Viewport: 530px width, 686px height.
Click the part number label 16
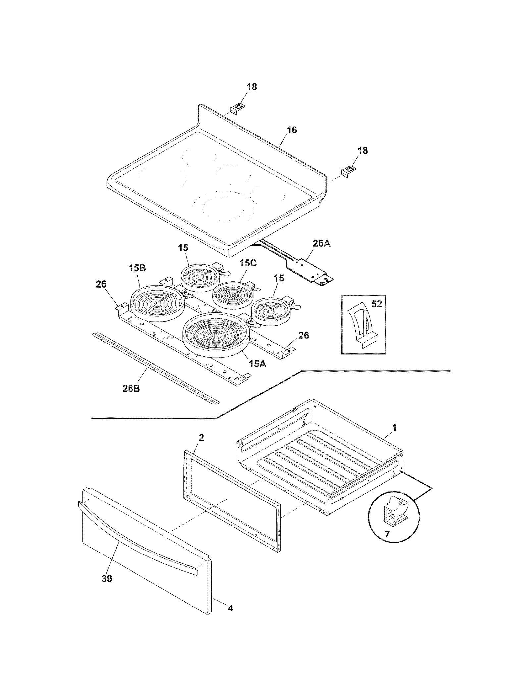click(291, 130)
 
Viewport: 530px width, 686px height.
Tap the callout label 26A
click(321, 244)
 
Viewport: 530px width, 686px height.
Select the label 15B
click(137, 268)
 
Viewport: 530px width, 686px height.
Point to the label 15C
click(248, 263)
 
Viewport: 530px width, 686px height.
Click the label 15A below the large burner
click(257, 364)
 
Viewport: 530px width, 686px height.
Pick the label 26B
click(131, 388)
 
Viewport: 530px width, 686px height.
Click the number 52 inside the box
click(377, 304)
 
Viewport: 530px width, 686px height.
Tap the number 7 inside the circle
click(387, 534)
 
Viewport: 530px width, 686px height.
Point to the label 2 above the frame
click(201, 438)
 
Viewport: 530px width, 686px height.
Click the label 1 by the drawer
click(394, 428)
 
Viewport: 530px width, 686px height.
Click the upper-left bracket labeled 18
click(236, 108)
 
